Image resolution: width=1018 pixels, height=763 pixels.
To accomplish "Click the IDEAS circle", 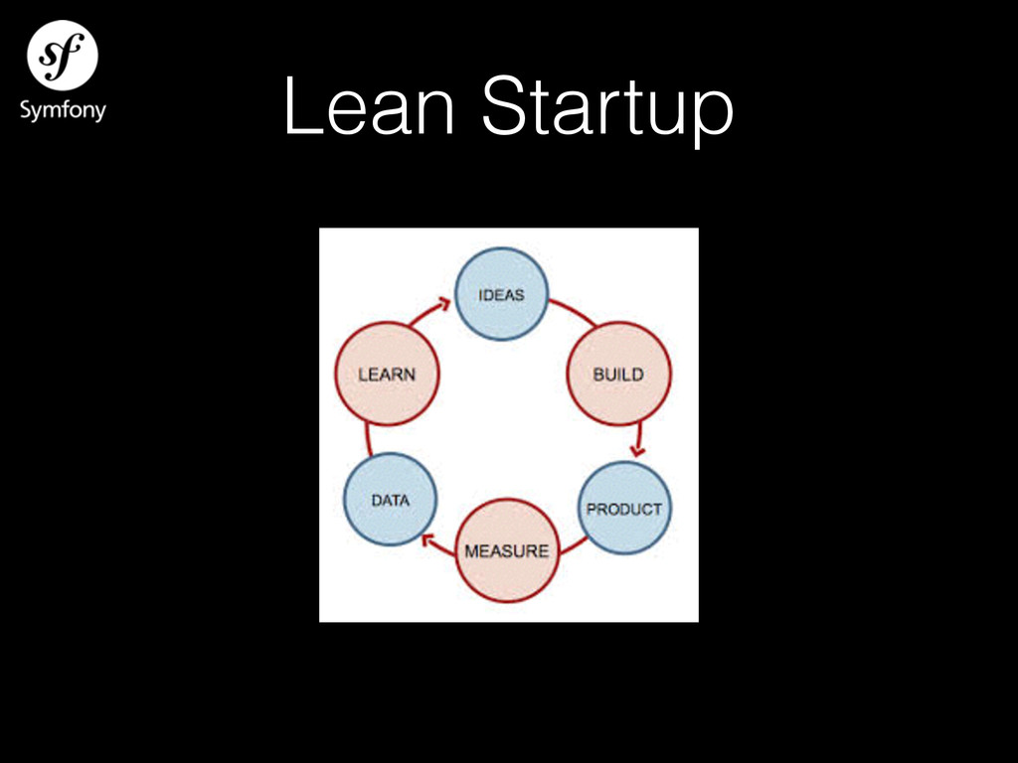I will pyautogui.click(x=501, y=294).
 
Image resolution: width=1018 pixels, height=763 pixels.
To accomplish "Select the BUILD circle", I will pyautogui.click(x=618, y=374).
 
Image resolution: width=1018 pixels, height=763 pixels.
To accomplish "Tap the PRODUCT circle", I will pyautogui.click(x=624, y=508).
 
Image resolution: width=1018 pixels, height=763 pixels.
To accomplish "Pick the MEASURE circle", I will pyautogui.click(x=507, y=550).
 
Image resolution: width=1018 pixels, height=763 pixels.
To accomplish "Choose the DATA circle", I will pyautogui.click(x=390, y=500).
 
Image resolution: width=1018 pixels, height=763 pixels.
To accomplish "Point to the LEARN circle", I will pyautogui.click(x=387, y=375).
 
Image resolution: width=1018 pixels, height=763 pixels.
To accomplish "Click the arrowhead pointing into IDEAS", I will pyautogui.click(x=442, y=305).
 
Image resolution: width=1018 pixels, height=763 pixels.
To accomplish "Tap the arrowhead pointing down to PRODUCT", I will pyautogui.click(x=637, y=449).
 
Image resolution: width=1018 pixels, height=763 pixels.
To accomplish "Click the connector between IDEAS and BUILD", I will pyautogui.click(x=572, y=309).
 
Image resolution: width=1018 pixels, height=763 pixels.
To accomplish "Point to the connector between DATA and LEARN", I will pyautogui.click(x=368, y=438).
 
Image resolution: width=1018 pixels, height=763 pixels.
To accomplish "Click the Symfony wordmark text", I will pyautogui.click(x=63, y=109).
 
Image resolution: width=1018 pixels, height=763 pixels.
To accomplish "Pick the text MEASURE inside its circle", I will pyautogui.click(x=507, y=550).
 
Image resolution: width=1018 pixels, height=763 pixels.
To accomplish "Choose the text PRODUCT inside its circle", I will pyautogui.click(x=624, y=509).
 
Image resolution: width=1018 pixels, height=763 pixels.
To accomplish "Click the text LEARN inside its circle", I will pyautogui.click(x=387, y=375).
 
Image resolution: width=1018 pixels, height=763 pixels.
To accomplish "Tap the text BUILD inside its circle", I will pyautogui.click(x=618, y=375).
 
